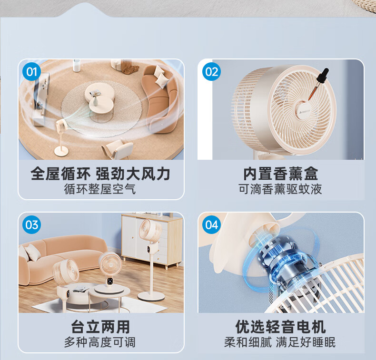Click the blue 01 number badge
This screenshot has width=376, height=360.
coord(31,72)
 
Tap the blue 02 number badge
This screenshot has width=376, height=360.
coord(211,72)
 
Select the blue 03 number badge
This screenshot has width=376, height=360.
coord(31,224)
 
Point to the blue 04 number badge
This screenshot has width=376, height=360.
coord(211,224)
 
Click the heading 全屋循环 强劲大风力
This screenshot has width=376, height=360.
coord(100,174)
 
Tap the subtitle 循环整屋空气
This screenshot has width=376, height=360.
coord(100,189)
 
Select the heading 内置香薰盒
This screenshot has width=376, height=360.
coord(280,174)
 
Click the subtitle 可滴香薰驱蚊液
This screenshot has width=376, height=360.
coord(280,189)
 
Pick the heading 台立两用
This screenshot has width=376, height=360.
coord(100,326)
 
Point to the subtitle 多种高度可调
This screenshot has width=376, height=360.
coord(100,342)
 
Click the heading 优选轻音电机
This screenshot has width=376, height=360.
coord(280,326)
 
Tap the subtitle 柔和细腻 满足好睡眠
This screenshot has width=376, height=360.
coord(280,342)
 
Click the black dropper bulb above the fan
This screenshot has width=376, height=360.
coord(323,75)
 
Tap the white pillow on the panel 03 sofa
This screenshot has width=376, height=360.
coord(33,252)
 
